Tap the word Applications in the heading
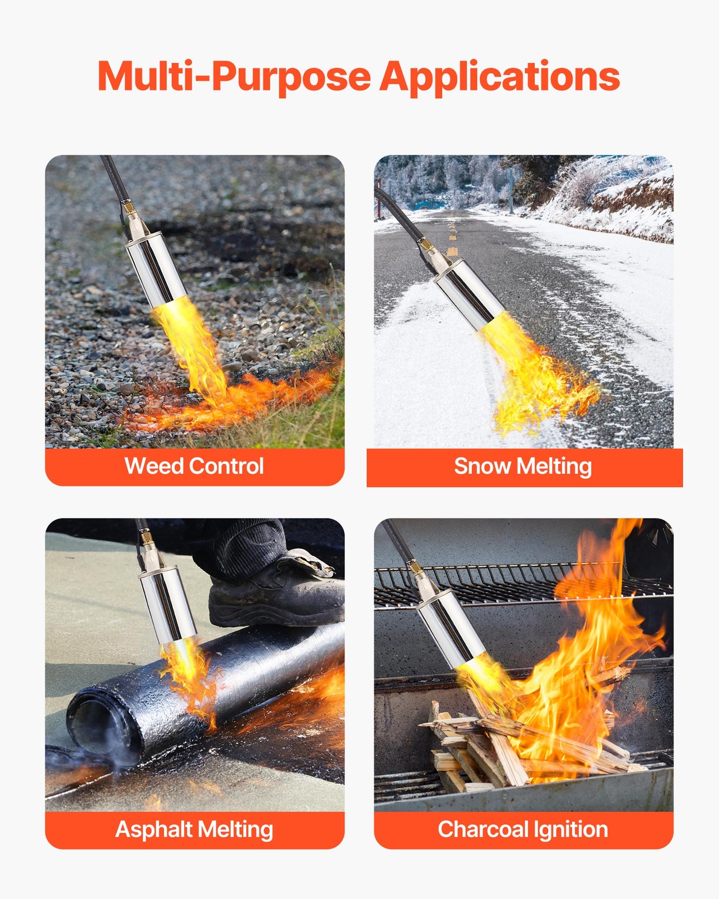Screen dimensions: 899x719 click(500, 76)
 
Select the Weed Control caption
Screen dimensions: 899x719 click(194, 466)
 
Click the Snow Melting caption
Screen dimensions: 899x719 click(523, 466)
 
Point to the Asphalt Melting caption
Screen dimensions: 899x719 click(194, 829)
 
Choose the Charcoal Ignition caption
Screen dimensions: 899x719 click(523, 829)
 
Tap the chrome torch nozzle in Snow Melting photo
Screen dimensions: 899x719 click(470, 294)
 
